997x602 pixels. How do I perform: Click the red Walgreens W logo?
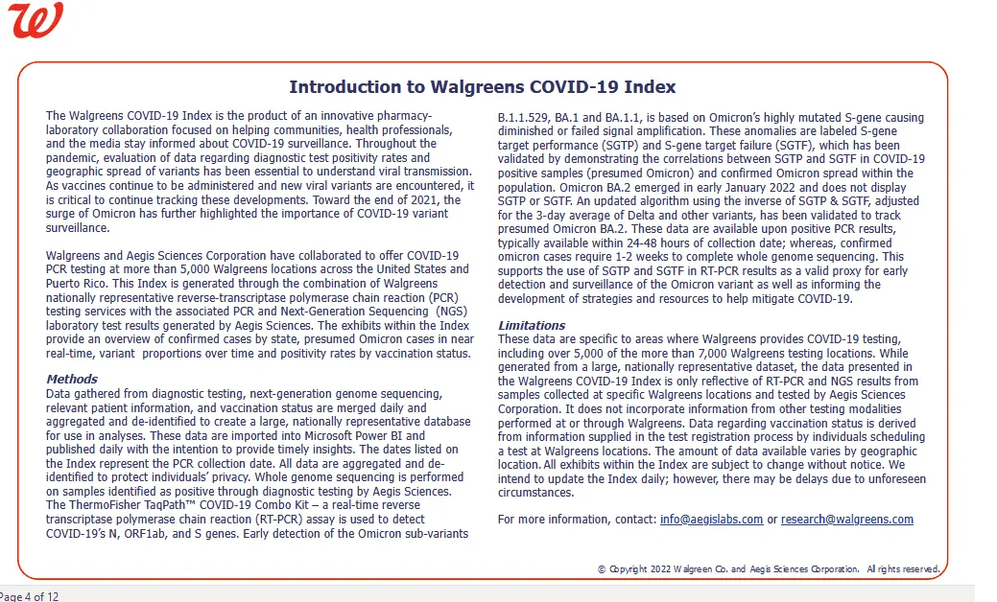click(36, 21)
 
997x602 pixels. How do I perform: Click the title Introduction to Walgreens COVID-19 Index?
click(482, 86)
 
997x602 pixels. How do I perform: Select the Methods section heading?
click(72, 379)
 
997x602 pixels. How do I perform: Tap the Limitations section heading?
click(532, 325)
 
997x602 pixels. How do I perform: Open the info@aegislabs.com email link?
click(711, 520)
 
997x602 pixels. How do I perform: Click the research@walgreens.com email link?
click(846, 520)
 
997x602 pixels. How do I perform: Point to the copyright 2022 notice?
click(768, 569)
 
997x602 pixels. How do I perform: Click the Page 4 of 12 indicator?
click(29, 596)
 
